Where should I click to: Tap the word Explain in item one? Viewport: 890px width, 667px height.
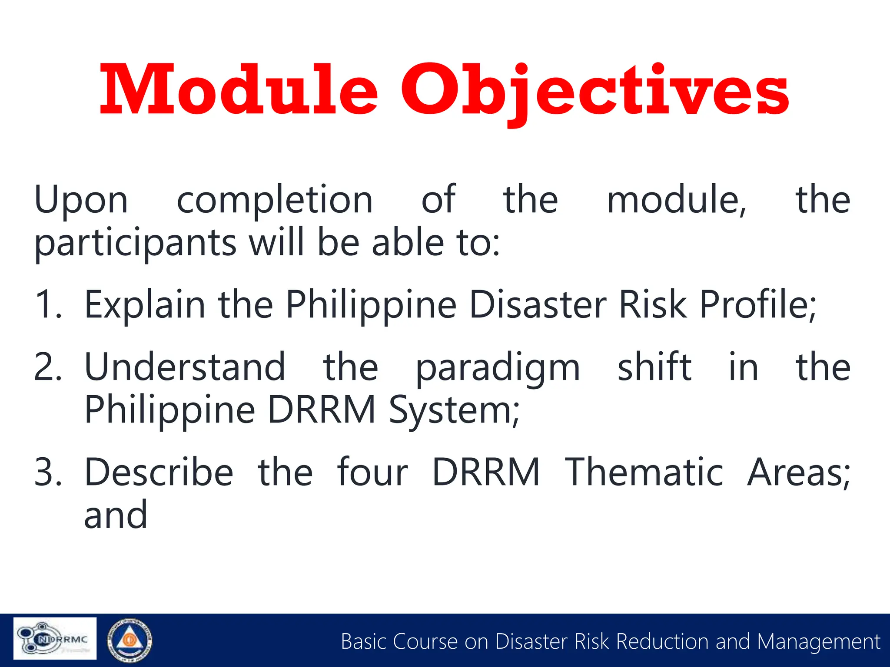pyautogui.click(x=145, y=305)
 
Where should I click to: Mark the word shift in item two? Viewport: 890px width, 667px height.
pyautogui.click(x=654, y=367)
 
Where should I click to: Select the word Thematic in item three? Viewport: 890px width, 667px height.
pyautogui.click(x=644, y=472)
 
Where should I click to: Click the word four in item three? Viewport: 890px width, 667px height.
pyautogui.click(x=372, y=472)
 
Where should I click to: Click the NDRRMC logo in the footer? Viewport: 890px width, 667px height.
pyautogui.click(x=55, y=638)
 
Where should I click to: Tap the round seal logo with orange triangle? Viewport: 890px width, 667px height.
pyautogui.click(x=130, y=640)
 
